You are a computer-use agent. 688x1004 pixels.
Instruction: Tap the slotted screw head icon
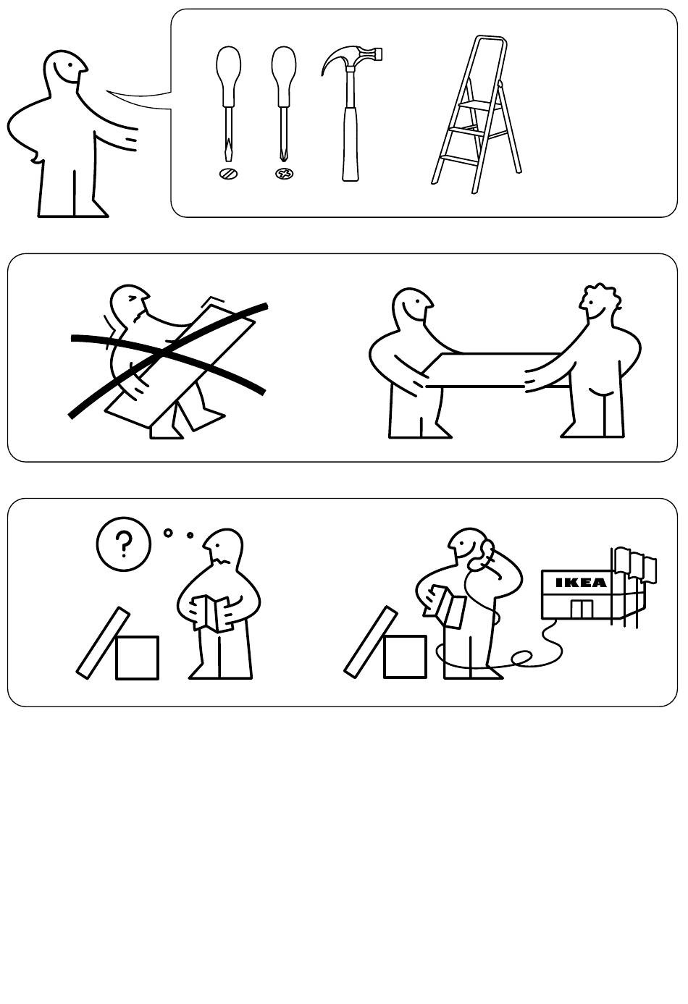tap(228, 174)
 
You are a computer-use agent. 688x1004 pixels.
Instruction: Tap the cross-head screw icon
tap(285, 174)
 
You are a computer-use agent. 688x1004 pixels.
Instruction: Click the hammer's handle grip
tap(351, 143)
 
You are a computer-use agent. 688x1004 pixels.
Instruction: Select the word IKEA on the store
tap(581, 583)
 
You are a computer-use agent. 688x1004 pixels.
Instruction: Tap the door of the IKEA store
tap(582, 609)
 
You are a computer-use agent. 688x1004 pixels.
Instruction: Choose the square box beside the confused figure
tap(138, 657)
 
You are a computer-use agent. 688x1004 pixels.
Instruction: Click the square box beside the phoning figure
tap(405, 657)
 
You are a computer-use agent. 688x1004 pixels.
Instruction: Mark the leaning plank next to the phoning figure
tap(371, 642)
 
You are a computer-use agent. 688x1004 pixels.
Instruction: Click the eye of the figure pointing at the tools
tap(70, 64)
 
